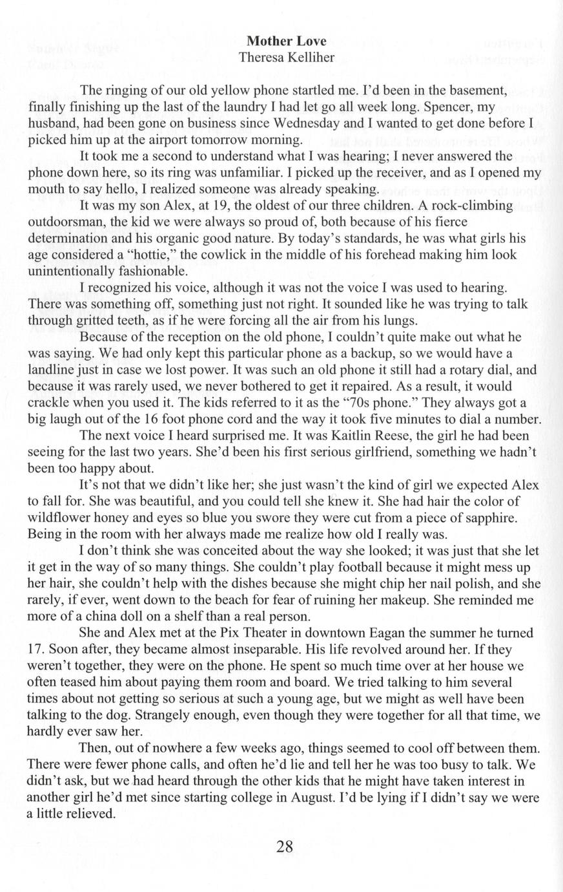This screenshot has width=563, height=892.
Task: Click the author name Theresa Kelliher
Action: [x=287, y=58]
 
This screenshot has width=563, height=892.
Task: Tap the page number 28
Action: [x=285, y=846]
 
